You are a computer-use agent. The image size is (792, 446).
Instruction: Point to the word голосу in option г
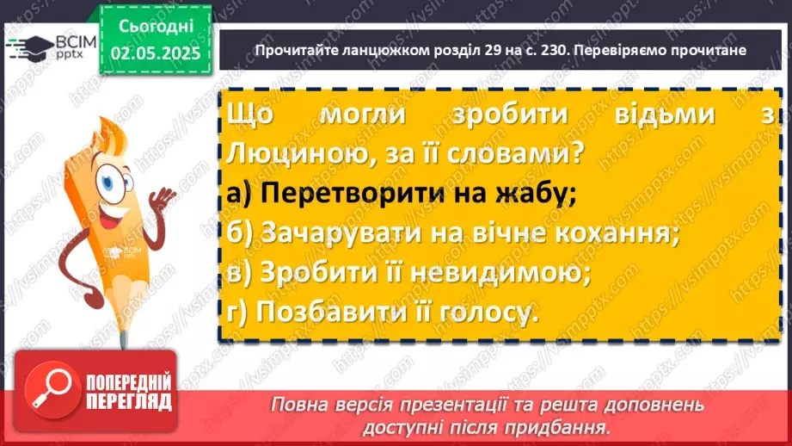coord(483,311)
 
